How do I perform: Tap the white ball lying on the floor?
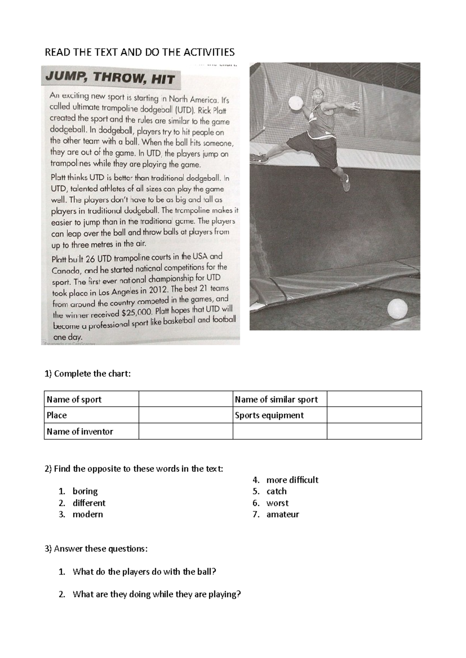[x=397, y=309]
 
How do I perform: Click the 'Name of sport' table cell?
[x=91, y=399]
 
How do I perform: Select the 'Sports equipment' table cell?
[x=280, y=415]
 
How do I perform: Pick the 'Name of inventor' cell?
[x=91, y=431]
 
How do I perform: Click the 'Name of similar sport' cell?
[x=280, y=399]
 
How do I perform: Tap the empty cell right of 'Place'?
[x=186, y=415]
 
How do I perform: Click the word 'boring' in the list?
[x=85, y=491]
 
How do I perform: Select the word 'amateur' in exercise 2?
[x=283, y=514]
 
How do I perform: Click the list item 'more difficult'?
[x=292, y=480]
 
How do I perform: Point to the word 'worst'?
[x=277, y=503]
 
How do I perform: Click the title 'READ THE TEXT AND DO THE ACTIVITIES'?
[x=140, y=52]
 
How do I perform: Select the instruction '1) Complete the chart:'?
[x=88, y=374]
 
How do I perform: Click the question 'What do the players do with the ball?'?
[x=144, y=571]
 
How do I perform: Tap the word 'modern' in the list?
[x=88, y=514]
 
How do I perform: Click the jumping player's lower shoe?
[x=346, y=183]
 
